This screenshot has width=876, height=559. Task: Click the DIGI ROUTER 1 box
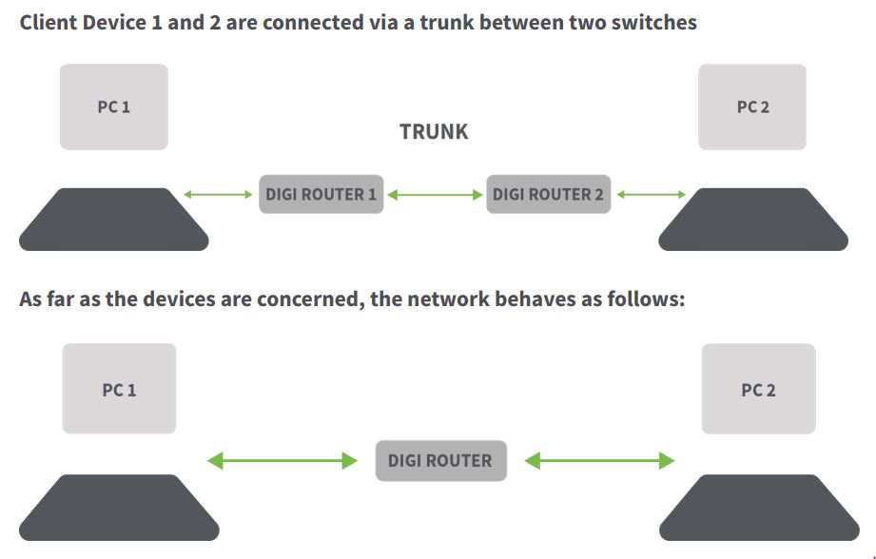point(321,195)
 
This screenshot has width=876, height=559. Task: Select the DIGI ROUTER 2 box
point(548,195)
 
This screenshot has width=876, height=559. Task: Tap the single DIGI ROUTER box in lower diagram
point(439,461)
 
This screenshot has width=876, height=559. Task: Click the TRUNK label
point(434,132)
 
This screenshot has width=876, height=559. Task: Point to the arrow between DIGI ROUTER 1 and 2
point(435,195)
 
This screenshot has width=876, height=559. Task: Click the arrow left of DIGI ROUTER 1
point(218,195)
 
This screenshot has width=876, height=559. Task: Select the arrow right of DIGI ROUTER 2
point(652,195)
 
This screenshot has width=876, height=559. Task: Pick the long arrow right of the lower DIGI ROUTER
point(599,461)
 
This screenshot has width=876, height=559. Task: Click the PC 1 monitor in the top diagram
point(114,106)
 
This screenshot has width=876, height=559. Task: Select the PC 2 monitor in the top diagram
point(752,106)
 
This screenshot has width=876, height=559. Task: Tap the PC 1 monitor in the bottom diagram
point(119,389)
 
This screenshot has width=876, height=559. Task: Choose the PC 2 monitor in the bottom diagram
point(758,389)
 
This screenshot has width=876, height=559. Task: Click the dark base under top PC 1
point(113,220)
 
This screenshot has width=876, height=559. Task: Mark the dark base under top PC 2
point(754,220)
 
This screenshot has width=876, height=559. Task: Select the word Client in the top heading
point(47,22)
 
